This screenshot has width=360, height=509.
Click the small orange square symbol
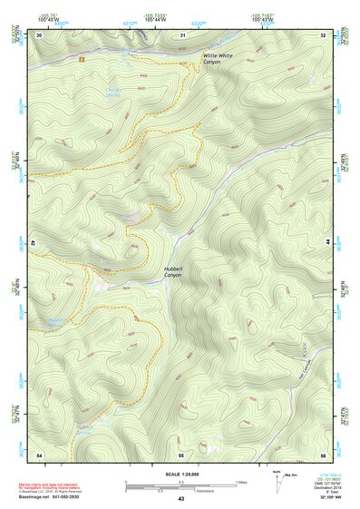pos(82,59)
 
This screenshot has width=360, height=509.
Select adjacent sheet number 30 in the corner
pos(39,35)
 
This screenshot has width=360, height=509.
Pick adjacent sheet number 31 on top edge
pos(182,35)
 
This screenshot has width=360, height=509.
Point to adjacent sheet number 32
pos(323,35)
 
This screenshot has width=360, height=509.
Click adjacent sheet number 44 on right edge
pos(326,243)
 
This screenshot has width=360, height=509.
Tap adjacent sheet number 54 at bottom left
pos(39,453)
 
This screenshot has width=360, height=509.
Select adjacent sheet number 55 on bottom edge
pos(181,453)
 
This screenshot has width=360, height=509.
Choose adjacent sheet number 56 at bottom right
pos(323,453)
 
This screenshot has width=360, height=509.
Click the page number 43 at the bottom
pos(180,499)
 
